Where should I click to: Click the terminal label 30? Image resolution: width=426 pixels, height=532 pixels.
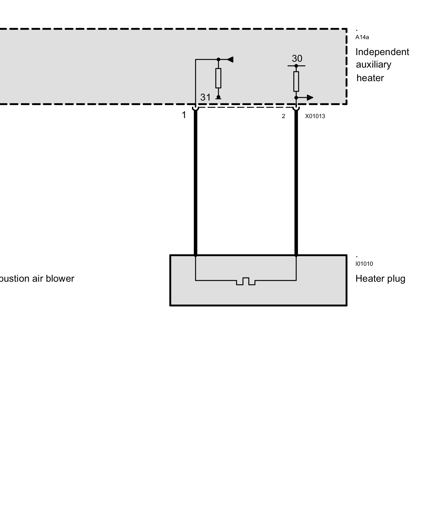tap(297, 59)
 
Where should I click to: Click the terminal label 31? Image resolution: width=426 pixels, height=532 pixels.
tap(205, 97)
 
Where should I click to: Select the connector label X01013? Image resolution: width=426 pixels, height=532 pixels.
tap(315, 116)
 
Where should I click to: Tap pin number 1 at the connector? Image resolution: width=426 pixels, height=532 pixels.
tap(184, 115)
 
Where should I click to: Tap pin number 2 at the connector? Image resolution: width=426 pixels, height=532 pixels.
tap(284, 116)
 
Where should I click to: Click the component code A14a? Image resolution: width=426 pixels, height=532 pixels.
tap(362, 37)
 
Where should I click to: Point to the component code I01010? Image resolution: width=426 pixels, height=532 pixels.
tap(364, 264)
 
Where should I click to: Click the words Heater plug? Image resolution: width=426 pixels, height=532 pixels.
tap(380, 279)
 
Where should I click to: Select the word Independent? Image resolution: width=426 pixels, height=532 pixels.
tap(382, 52)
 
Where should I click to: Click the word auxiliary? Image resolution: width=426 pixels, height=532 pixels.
tap(374, 65)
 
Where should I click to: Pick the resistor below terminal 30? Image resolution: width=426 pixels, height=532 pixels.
tap(296, 81)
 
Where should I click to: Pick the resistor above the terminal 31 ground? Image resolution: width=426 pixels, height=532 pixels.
tap(218, 78)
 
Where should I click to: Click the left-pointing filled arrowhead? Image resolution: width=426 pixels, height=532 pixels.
tap(231, 59)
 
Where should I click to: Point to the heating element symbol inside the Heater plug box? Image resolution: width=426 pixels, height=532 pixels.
tap(245, 281)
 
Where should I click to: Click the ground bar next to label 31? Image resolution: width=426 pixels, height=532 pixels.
tap(218, 99)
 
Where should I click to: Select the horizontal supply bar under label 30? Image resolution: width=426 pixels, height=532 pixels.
tap(296, 66)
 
